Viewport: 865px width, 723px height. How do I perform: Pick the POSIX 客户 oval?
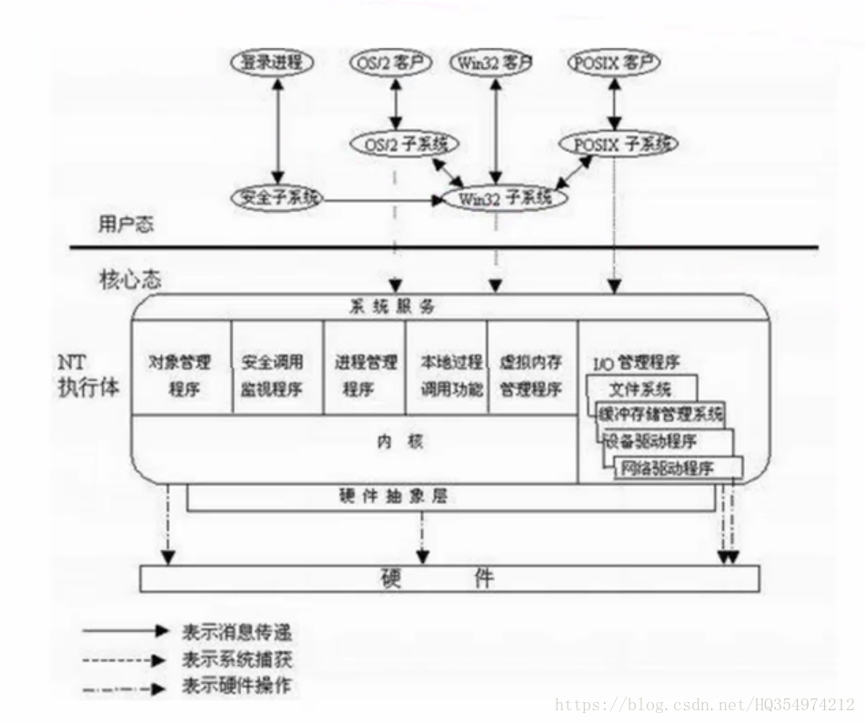[x=616, y=63]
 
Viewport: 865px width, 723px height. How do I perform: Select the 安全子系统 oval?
[x=277, y=197]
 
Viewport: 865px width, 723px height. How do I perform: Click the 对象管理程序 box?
[x=180, y=375]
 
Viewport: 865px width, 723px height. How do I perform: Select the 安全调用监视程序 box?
[x=273, y=375]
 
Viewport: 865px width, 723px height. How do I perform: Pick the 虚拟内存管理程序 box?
[x=531, y=375]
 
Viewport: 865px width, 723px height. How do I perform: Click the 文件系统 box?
[x=640, y=389]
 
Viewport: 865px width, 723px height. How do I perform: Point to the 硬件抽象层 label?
[x=392, y=497]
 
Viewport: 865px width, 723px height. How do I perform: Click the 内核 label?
[x=400, y=442]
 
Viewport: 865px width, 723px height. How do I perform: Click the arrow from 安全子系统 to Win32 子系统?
[x=382, y=198]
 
